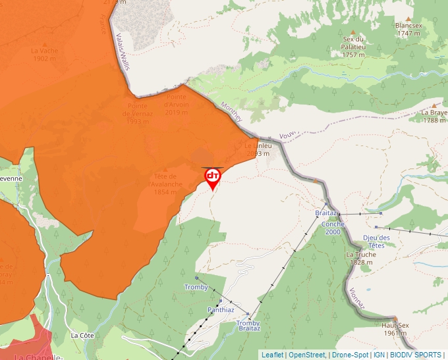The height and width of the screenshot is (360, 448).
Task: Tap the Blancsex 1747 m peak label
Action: point(408,29)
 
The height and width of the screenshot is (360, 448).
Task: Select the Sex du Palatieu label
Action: point(353,46)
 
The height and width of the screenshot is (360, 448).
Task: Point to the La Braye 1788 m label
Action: point(434,116)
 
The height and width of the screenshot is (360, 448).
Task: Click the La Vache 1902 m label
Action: point(44,54)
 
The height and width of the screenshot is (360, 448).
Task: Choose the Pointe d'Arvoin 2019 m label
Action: point(177,108)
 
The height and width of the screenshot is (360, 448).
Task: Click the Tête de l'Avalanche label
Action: point(165,184)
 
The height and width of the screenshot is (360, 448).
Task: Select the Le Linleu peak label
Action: point(258,149)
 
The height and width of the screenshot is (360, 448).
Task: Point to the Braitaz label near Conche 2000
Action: point(326,214)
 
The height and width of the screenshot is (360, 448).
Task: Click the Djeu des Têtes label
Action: point(377,242)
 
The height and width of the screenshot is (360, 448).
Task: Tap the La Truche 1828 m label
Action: point(360,258)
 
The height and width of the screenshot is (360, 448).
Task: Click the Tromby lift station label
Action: point(196,288)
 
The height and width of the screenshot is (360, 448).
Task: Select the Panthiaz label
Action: point(221,309)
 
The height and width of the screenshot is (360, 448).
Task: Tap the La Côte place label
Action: point(83,335)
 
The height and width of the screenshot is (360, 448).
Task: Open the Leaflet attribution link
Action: point(272,355)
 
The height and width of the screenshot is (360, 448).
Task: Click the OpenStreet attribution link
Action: point(306,355)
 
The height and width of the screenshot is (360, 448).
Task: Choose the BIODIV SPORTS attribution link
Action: point(416,355)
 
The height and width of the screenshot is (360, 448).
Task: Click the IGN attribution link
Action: point(379,355)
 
